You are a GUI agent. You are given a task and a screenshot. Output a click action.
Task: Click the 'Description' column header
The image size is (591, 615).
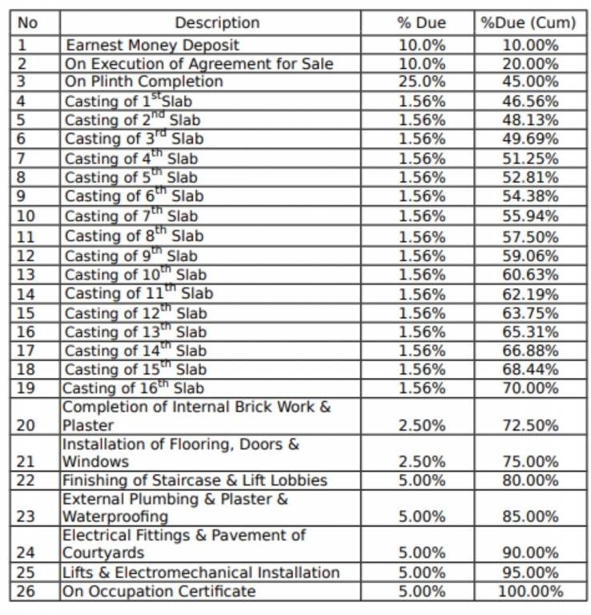[217, 23]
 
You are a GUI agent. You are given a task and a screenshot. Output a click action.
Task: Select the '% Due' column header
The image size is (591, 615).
[421, 23]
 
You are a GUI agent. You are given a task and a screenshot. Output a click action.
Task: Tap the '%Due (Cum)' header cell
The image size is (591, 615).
[528, 23]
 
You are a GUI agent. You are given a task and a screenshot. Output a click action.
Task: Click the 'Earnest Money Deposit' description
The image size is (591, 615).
[152, 45]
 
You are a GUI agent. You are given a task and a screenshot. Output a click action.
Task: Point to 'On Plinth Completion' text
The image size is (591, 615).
[144, 82]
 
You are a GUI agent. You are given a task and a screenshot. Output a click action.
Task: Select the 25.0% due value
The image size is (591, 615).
[421, 82]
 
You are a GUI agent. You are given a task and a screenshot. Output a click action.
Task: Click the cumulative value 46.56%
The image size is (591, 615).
[529, 101]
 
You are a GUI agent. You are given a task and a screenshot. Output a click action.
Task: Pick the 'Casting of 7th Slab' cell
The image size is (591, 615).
[131, 216]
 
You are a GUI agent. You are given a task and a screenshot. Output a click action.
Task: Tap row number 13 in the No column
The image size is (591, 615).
[26, 275]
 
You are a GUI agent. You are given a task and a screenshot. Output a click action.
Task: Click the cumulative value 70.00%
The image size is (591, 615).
[529, 388]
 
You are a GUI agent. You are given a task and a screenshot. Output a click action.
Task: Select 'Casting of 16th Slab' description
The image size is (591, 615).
[133, 388]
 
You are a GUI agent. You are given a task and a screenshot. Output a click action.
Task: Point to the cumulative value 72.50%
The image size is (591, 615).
[529, 425]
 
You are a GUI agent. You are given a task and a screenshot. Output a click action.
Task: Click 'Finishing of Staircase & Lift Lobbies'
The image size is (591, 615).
[195, 480]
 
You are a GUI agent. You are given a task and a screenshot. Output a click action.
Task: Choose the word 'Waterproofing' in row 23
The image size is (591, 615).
[115, 517]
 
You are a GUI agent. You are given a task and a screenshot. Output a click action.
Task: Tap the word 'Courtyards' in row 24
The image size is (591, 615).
[104, 553]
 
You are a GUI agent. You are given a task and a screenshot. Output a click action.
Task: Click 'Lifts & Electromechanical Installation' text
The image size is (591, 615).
[201, 573]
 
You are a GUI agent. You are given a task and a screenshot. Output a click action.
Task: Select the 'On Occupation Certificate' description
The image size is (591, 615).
[159, 592]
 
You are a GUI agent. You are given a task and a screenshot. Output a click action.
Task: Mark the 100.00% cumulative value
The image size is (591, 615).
[529, 592]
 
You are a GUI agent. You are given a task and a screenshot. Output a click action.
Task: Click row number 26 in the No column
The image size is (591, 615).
[26, 592]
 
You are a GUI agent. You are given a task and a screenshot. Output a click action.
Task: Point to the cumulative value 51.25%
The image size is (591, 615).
[529, 159]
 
